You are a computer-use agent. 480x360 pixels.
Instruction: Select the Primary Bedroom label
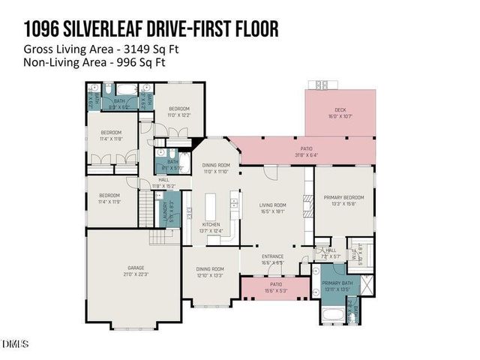click(343, 199)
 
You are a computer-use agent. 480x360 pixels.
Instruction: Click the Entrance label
click(271, 258)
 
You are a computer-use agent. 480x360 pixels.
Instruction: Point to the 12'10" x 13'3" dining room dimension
click(211, 274)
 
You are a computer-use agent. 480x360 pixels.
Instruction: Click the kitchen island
click(211, 204)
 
